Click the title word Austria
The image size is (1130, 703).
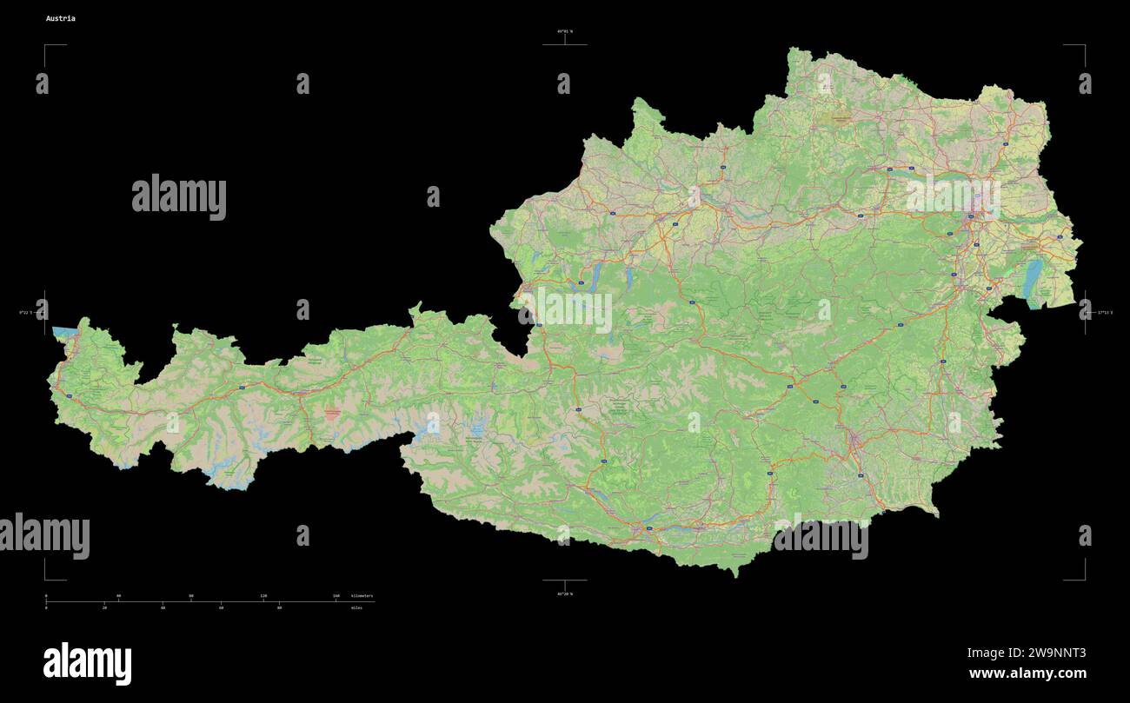(x=61, y=18)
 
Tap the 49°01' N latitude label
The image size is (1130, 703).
(x=565, y=31)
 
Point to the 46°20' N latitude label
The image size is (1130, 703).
(x=565, y=594)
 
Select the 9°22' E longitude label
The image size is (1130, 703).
(x=26, y=312)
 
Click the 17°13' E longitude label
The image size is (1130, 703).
(x=1104, y=312)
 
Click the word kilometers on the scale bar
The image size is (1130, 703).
(x=362, y=596)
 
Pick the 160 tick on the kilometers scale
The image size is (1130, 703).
(x=336, y=596)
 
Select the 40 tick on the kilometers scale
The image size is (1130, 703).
(x=118, y=596)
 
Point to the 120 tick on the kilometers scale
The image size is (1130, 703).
(x=263, y=596)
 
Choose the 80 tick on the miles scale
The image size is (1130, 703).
(x=279, y=607)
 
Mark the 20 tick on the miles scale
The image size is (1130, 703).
(x=104, y=607)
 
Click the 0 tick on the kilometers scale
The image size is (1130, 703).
(x=46, y=596)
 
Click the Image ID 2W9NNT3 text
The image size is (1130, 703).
(x=1027, y=653)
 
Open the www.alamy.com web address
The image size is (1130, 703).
(x=1027, y=673)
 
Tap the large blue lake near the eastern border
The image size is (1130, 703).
(x=1032, y=278)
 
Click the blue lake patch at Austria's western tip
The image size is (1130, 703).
(x=63, y=332)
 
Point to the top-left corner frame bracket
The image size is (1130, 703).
(x=48, y=48)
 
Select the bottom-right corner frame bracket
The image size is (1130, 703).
(x=1082, y=576)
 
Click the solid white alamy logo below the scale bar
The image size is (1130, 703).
(x=87, y=664)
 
